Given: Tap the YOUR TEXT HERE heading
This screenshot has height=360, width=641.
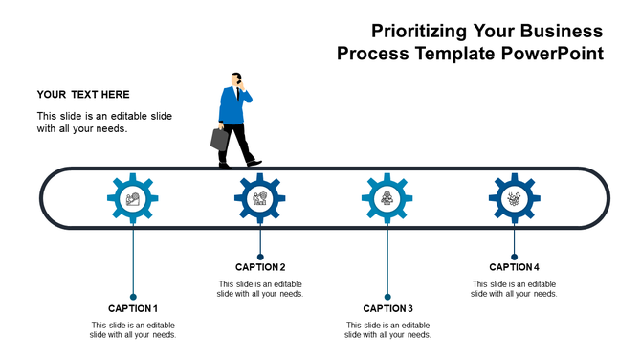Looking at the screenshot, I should tap(83, 94).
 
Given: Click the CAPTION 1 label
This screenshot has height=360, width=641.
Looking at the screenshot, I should tap(133, 308).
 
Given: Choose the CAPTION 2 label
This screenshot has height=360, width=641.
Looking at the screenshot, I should tap(260, 267).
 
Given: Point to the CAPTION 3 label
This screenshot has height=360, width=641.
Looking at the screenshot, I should tap(387, 308).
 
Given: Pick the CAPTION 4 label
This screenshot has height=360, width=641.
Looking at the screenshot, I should tap(515, 267).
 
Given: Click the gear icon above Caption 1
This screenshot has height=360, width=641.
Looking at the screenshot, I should tap(133, 199).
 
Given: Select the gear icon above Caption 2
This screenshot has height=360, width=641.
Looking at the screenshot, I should tap(260, 199).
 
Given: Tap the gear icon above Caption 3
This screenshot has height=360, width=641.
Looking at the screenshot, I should tap(387, 199).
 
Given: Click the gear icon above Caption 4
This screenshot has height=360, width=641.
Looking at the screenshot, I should tap(515, 199).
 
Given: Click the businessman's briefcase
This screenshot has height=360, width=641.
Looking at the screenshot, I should tap(220, 139).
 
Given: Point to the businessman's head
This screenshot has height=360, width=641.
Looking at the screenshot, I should tap(236, 79).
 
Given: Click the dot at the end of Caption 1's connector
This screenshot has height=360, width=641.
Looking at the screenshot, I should tap(133, 296).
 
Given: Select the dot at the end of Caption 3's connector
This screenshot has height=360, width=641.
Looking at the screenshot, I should tap(387, 296).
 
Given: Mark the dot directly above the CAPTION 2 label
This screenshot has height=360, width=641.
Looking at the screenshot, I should tap(260, 256).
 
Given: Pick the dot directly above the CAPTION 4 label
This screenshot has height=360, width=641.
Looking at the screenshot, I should tap(515, 256).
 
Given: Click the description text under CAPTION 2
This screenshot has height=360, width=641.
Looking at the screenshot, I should tap(260, 288).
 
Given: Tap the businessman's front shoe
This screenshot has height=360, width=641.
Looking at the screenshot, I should tap(254, 163).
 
